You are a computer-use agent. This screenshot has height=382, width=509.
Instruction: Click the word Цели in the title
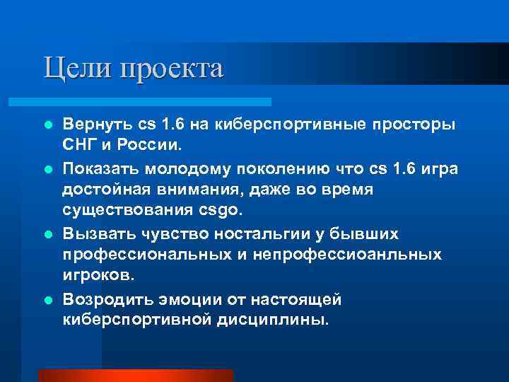(x=71, y=69)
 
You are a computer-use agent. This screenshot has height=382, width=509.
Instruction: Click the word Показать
(x=103, y=169)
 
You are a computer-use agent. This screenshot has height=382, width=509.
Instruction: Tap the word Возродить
(x=105, y=299)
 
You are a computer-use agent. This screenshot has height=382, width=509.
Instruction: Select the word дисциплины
(x=271, y=319)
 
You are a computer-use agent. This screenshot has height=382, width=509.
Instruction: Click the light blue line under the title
(x=156, y=102)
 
